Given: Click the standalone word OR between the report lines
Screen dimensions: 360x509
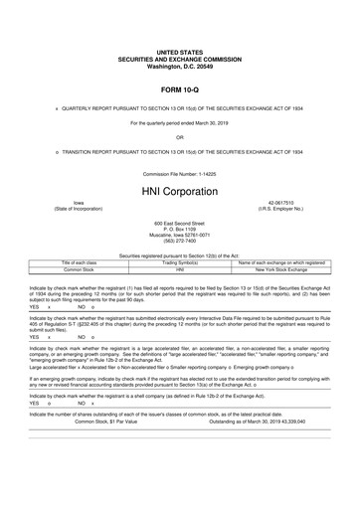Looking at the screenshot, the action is [x=179, y=136].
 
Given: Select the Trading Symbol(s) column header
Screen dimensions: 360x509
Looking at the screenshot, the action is [x=180, y=261].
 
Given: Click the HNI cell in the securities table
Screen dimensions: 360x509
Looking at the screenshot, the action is [x=180, y=268].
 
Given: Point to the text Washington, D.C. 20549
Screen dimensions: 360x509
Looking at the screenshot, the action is [x=179, y=62].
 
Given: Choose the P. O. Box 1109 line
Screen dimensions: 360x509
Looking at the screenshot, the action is [x=179, y=229].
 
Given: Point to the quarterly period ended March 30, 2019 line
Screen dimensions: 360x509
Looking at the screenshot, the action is [x=179, y=119].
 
